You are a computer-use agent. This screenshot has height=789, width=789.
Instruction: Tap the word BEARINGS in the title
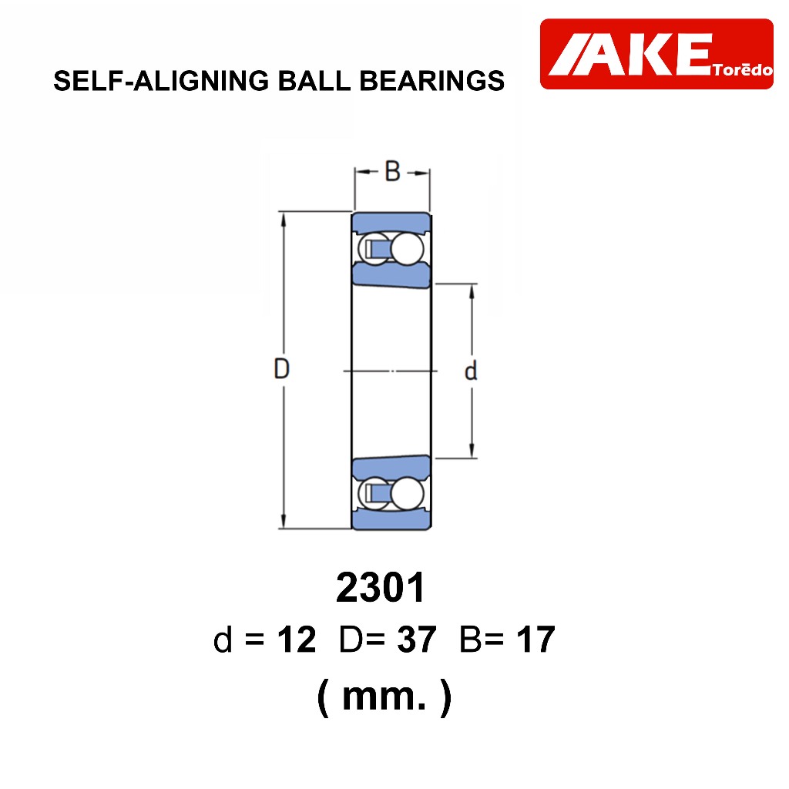pyautogui.click(x=431, y=81)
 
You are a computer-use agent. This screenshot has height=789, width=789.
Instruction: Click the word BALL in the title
pyautogui.click(x=314, y=81)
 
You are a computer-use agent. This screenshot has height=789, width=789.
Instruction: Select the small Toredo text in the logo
pyautogui.click(x=743, y=69)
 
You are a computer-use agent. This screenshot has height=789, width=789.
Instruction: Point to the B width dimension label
pyautogui.click(x=392, y=171)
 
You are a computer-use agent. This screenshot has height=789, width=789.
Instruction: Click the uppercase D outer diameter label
pyautogui.click(x=281, y=368)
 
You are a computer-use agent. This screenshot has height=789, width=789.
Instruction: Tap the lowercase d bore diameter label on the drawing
pyautogui.click(x=471, y=371)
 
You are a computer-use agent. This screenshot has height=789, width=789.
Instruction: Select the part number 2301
pyautogui.click(x=381, y=587)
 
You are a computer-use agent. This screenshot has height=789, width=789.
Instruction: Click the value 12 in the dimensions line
pyautogui.click(x=297, y=640)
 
